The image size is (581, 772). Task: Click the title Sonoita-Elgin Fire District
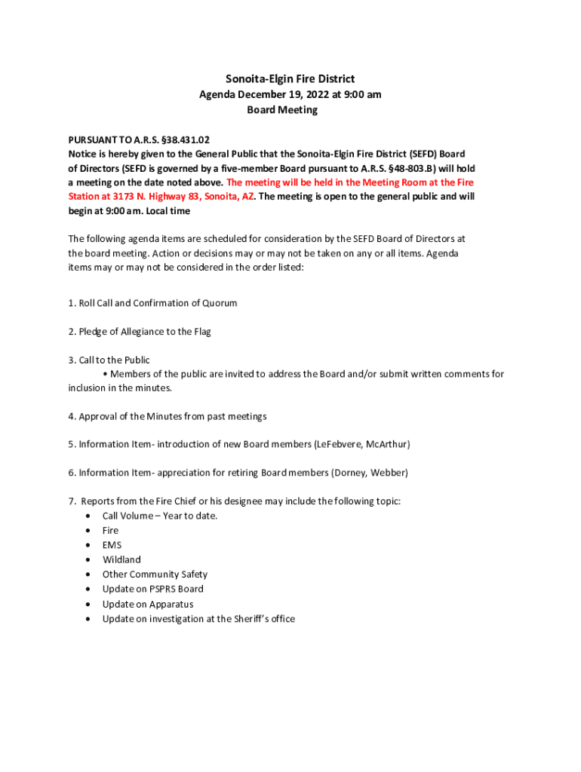(290, 79)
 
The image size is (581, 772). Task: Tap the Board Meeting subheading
(282, 110)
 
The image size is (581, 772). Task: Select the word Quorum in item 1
(219, 303)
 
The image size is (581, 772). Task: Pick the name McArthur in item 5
(388, 445)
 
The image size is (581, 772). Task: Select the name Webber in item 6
(391, 473)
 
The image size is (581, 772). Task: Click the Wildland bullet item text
(121, 560)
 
